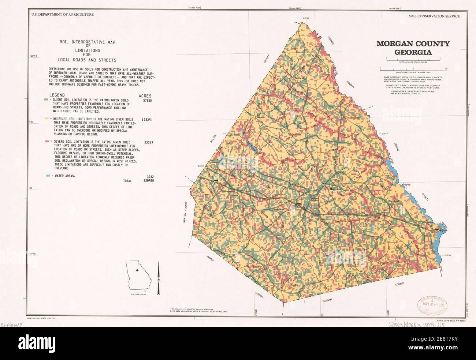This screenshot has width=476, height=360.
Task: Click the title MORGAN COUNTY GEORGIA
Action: (x=413, y=48)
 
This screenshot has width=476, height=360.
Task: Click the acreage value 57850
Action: (x=146, y=100)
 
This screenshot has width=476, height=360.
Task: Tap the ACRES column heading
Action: (x=145, y=96)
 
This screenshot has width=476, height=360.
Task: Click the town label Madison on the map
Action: (x=335, y=189)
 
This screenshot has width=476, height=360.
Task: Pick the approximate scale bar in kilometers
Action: (x=413, y=69)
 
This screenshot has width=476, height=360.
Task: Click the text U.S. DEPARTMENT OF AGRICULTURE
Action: (x=62, y=15)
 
